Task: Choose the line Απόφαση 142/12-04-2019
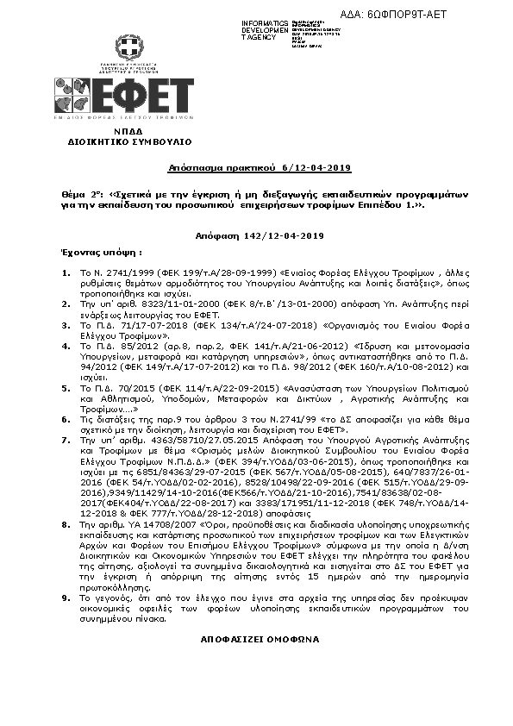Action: pyautogui.click(x=259, y=235)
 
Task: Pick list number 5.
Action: pyautogui.click(x=66, y=390)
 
